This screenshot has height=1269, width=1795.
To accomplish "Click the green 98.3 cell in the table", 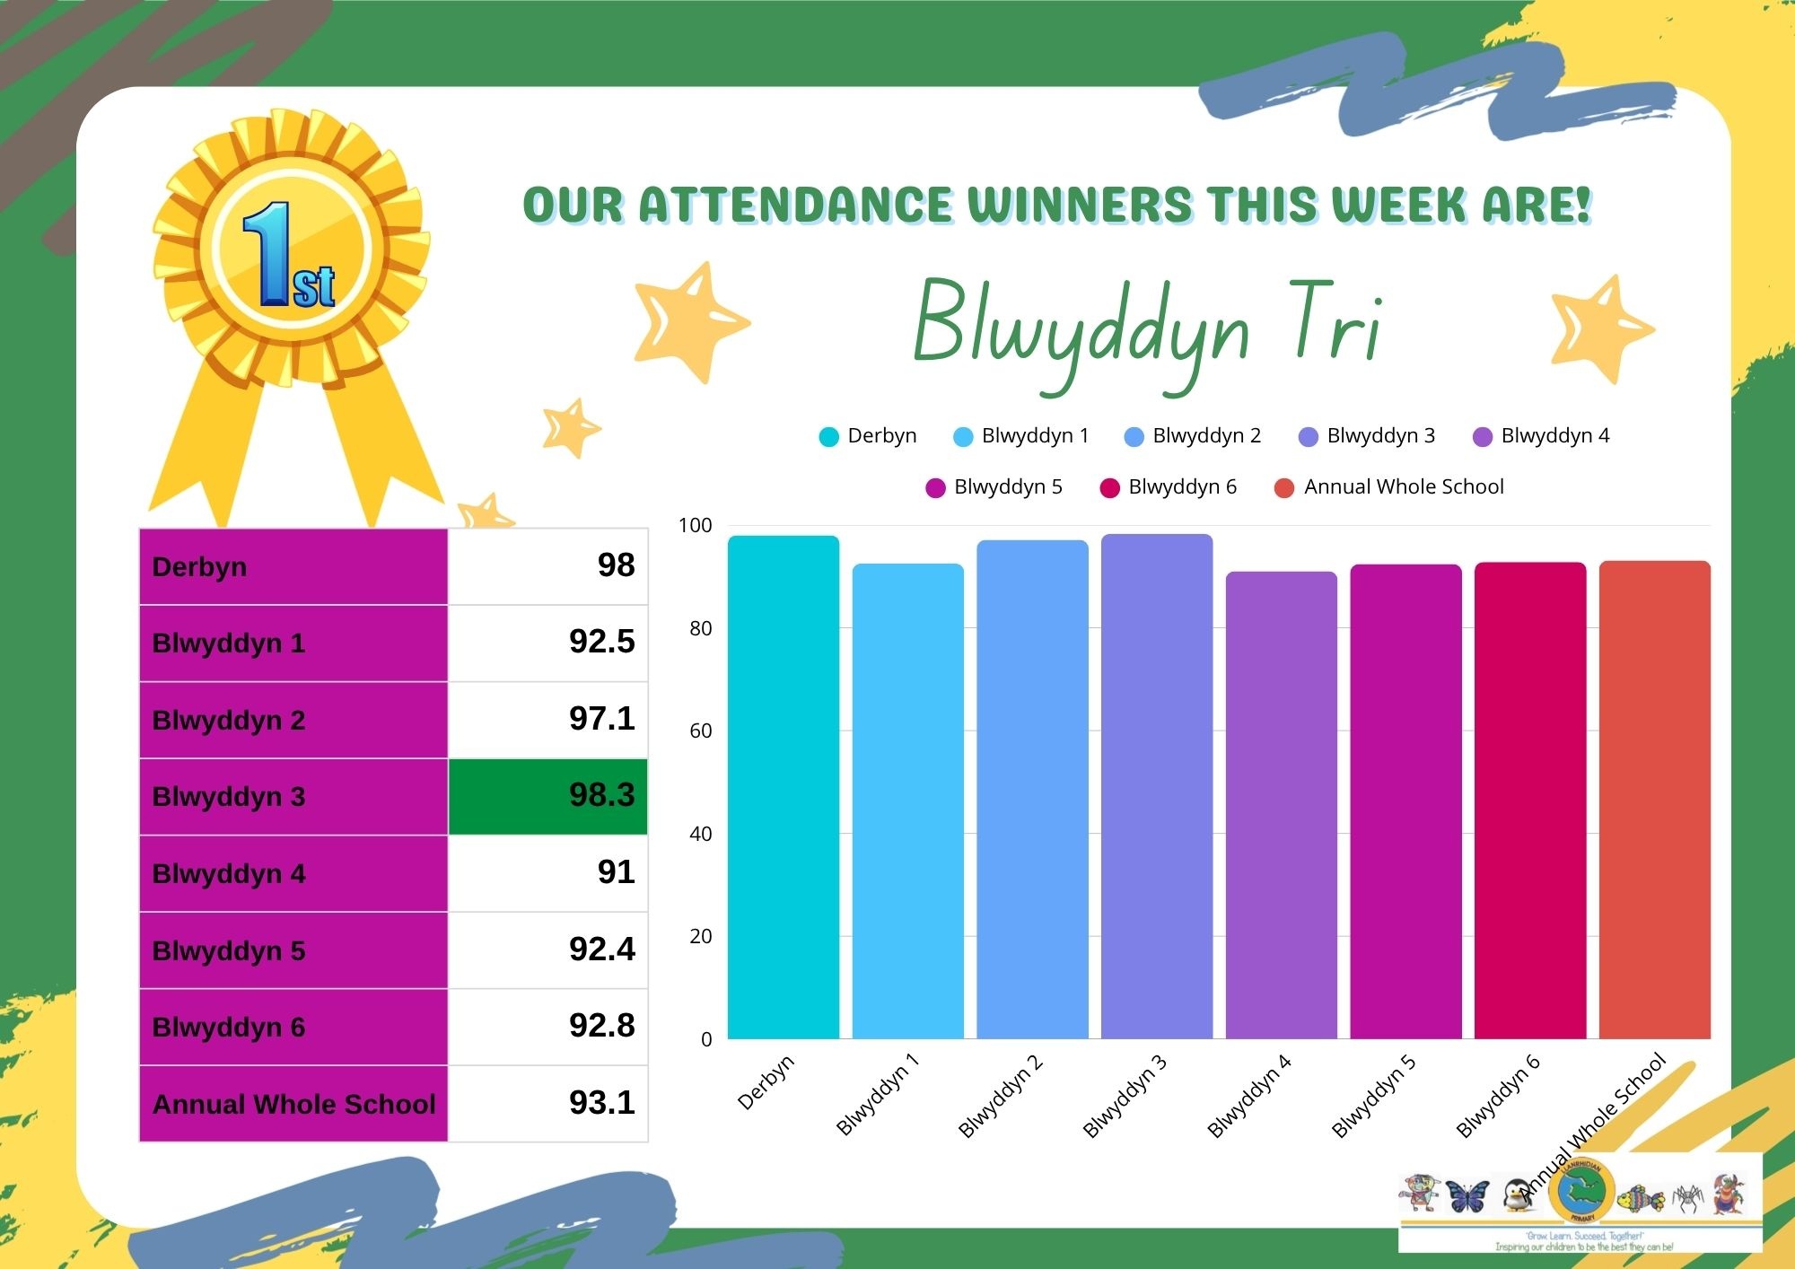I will [x=548, y=796].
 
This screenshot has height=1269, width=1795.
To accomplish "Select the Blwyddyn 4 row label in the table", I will [x=229, y=873].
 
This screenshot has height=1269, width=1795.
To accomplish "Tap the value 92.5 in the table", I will [x=601, y=642].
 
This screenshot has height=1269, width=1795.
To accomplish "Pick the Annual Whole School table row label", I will [x=293, y=1104].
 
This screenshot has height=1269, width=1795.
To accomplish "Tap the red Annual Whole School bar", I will [x=1654, y=799].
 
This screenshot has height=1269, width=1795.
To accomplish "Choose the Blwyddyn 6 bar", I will [x=1529, y=799].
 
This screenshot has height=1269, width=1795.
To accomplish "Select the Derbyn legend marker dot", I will [x=828, y=437].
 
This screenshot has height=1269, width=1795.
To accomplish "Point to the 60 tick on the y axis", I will [x=700, y=731].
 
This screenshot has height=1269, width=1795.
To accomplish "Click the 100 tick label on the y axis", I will [x=695, y=526].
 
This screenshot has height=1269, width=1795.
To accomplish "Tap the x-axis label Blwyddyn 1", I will [x=877, y=1095].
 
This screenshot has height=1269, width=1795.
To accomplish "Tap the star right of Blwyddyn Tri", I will [x=1600, y=328].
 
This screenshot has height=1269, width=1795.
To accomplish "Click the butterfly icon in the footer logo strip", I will [x=1467, y=1195].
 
